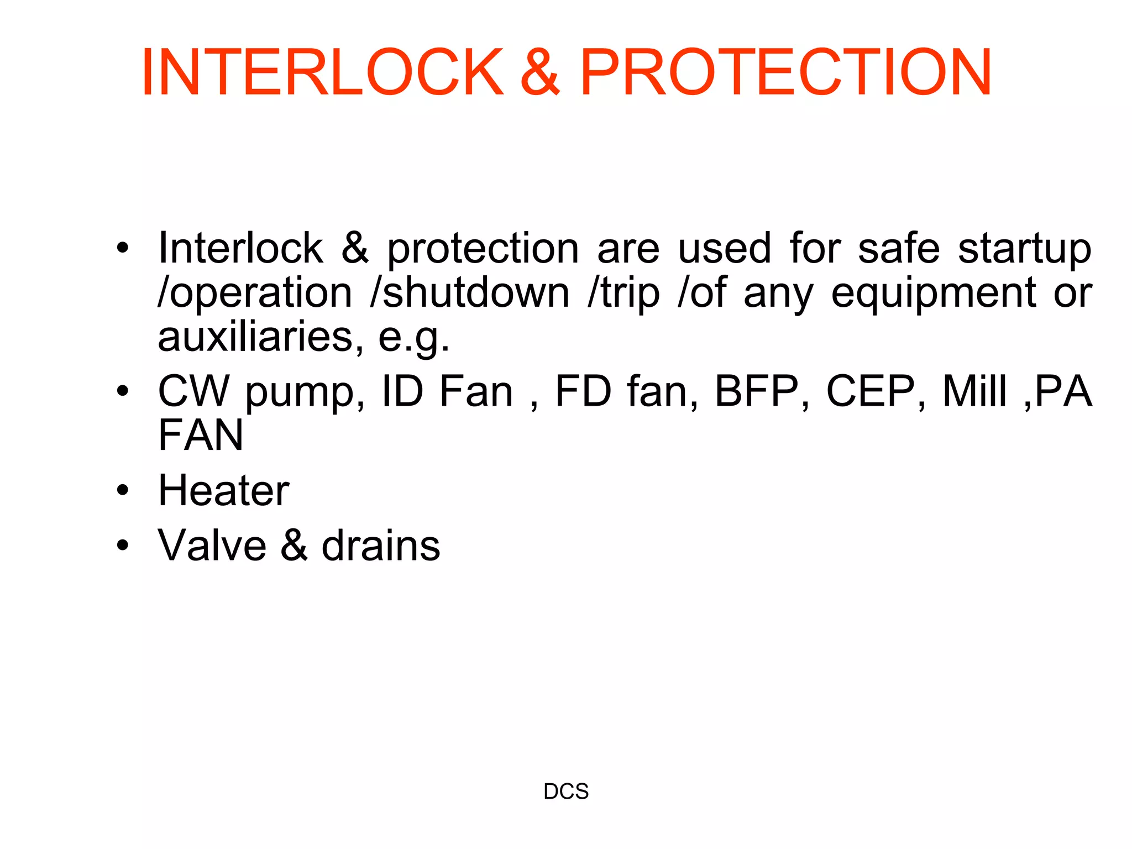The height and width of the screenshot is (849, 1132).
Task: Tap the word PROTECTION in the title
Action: [x=785, y=72]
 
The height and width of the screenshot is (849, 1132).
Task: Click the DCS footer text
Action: [x=566, y=792]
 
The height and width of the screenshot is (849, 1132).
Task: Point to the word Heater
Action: [x=223, y=490]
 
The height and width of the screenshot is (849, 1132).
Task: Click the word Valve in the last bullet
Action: [x=212, y=546]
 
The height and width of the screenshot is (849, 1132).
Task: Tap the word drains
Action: [x=381, y=546]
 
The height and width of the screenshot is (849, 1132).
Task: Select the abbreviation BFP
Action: [x=757, y=391]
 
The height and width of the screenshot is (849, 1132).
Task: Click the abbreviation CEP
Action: [x=870, y=391]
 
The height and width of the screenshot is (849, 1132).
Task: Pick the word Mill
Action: [x=975, y=391]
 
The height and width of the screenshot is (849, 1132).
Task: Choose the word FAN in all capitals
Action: [x=201, y=435]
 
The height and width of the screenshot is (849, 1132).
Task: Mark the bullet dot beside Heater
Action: [x=123, y=490]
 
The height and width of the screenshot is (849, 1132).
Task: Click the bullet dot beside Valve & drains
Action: [x=123, y=546]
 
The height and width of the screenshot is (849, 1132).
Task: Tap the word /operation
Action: [x=255, y=293]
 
